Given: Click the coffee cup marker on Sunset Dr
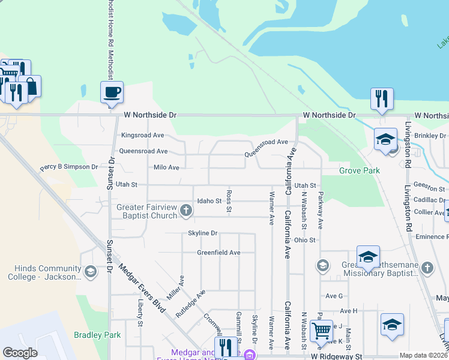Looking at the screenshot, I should pos(112,93).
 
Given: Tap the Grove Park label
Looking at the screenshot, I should pos(360,171).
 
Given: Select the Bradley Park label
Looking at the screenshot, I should pos(97,335).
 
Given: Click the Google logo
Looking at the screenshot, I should pos(20,353).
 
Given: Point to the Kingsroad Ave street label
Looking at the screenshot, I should pos(142,136).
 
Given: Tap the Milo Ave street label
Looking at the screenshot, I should pos(166,167).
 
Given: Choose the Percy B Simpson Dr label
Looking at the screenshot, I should pos(68,166).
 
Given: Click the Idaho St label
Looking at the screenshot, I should pos(209,201).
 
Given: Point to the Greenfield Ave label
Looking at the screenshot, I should pos(218,253).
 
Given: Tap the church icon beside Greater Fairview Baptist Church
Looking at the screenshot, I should pos(186,211).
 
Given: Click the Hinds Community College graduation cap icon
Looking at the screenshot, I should pos(90,272).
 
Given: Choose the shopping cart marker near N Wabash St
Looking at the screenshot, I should pos(322,331).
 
